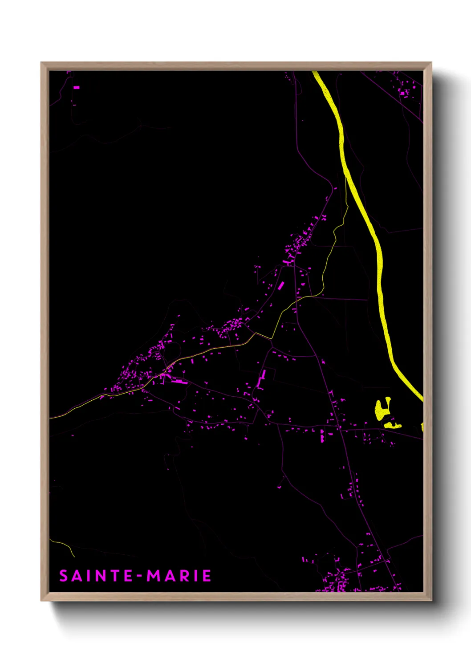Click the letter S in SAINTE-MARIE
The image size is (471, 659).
coord(64,576)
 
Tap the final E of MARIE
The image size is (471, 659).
coord(207,576)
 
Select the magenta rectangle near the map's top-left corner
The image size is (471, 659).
coord(76,88)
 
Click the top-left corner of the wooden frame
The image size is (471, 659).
coord(41,63)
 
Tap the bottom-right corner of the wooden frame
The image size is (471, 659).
coord(431,600)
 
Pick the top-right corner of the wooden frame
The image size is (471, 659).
coord(431,63)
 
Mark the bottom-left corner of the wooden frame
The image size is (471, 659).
coord(41,600)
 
